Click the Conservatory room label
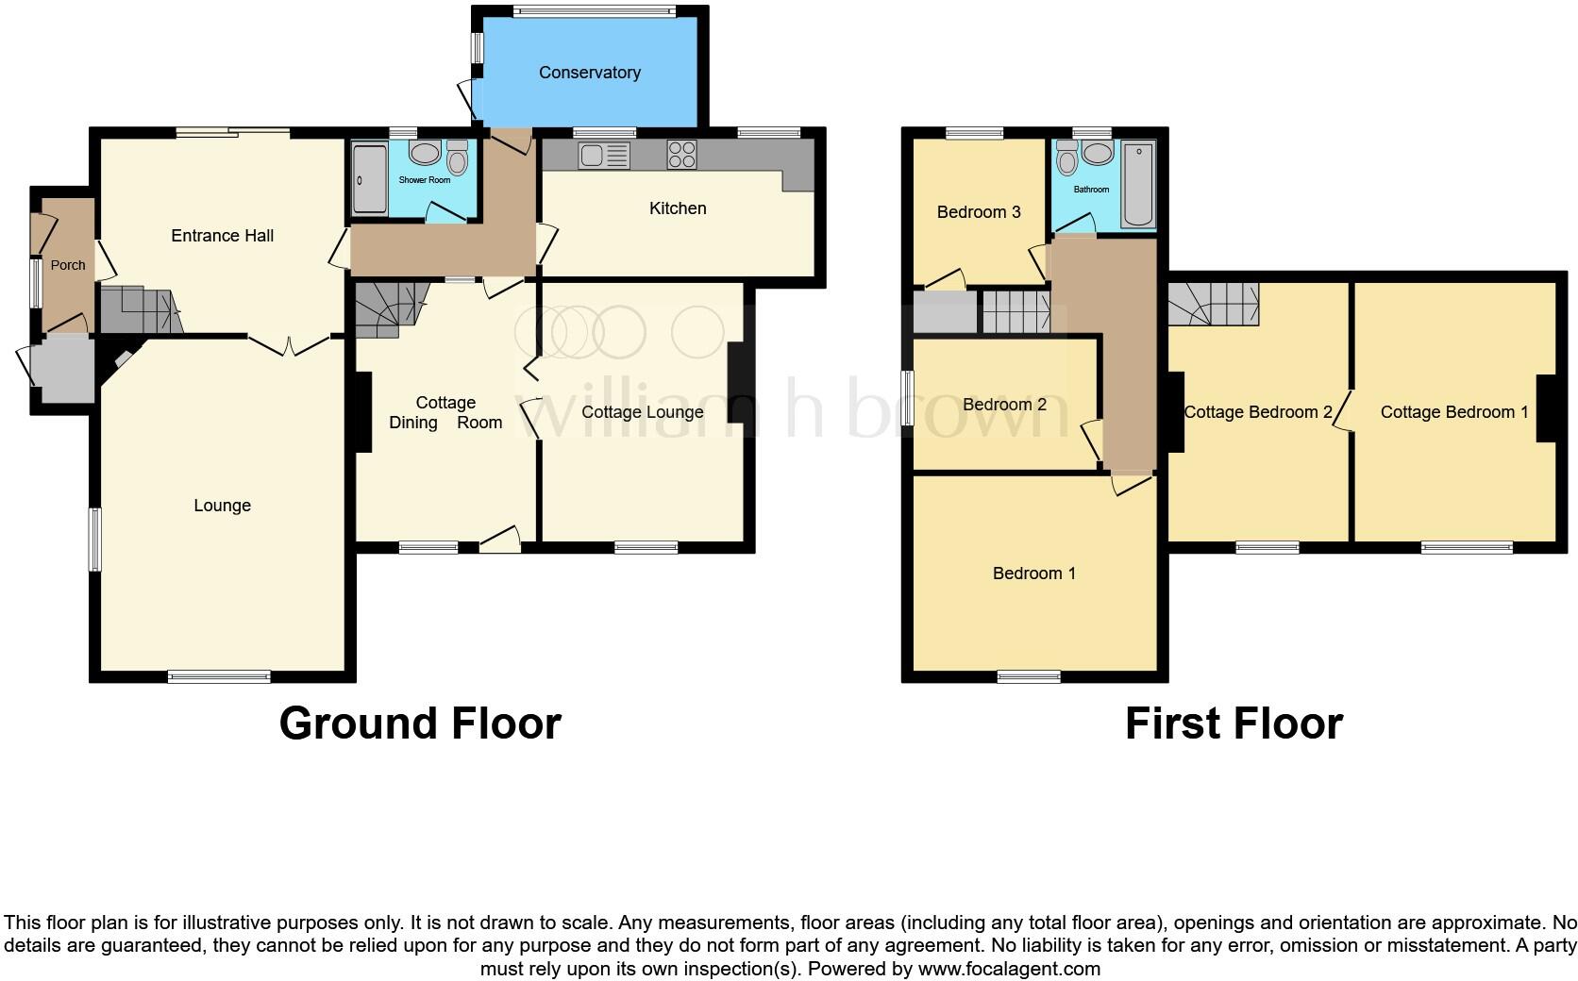[x=589, y=73]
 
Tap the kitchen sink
[x=605, y=155]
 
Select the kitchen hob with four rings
[x=681, y=154]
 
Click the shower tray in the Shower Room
[x=369, y=179]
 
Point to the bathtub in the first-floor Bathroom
[x=1139, y=184]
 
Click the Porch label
[x=68, y=265]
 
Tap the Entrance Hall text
[x=222, y=236]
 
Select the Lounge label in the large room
[x=222, y=506]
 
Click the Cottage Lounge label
[x=642, y=412]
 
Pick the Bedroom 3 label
[x=979, y=212]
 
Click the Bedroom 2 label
[x=1004, y=405]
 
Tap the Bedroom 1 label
[x=1033, y=574]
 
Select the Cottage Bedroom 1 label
[x=1453, y=412]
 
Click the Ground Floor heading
[x=420, y=723]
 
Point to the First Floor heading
[x=1234, y=723]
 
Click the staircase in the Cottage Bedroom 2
[x=1214, y=305]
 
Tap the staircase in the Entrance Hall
[x=138, y=310]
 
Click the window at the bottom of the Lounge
[x=219, y=675]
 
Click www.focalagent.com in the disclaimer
[x=1008, y=969]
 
